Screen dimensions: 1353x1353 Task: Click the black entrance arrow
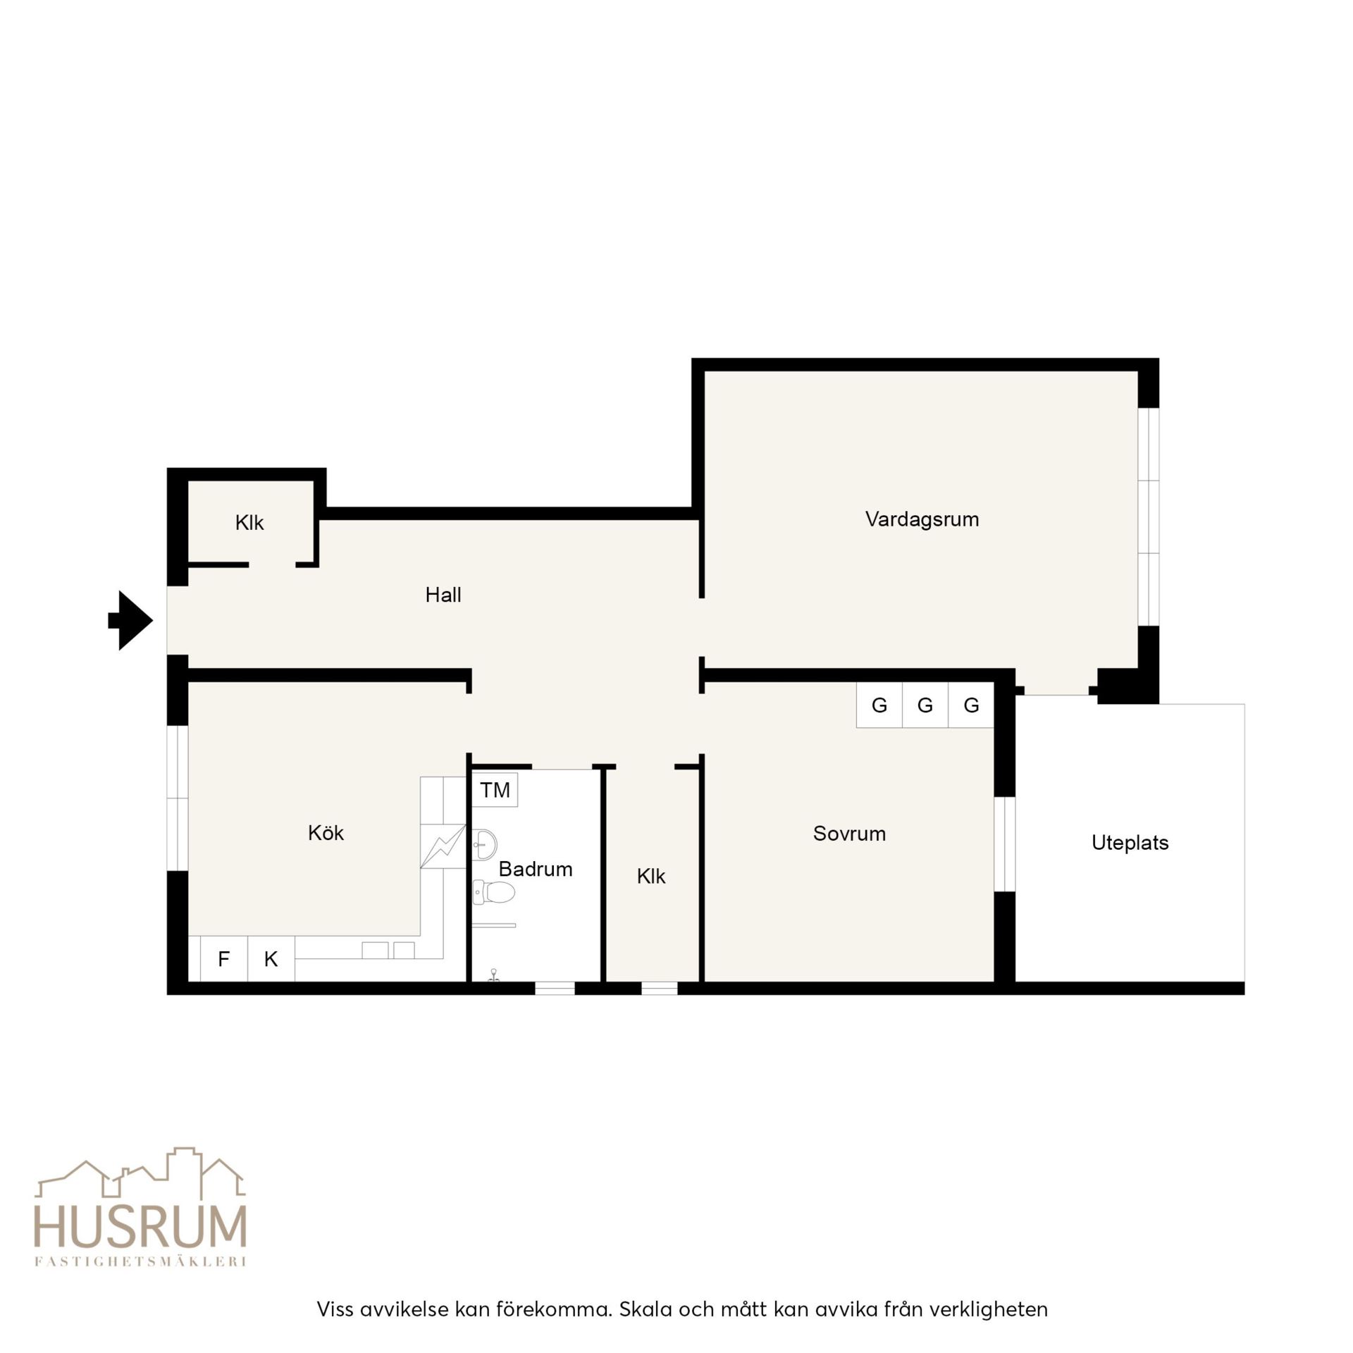tap(130, 620)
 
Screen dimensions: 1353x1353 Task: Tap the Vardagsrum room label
tap(922, 519)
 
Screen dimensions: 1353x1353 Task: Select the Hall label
tap(443, 595)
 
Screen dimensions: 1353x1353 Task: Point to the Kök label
tap(326, 833)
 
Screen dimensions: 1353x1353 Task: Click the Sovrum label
tap(849, 834)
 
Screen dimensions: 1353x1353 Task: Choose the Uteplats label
tap(1130, 843)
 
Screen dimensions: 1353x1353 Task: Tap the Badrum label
tap(535, 869)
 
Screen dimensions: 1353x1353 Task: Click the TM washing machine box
tap(495, 790)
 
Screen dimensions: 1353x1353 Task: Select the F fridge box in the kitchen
tap(223, 958)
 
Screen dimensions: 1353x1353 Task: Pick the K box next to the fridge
tap(271, 958)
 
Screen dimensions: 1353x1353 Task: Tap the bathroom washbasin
tap(484, 844)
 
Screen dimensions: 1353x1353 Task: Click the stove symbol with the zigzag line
tap(443, 846)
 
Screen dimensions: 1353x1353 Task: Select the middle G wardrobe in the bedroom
tap(925, 705)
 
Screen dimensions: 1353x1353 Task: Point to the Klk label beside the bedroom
tap(650, 876)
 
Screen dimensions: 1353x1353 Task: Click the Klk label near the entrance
tap(249, 523)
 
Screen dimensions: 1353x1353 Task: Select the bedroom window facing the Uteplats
tap(1004, 844)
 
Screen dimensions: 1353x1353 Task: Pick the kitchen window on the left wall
tap(178, 798)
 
